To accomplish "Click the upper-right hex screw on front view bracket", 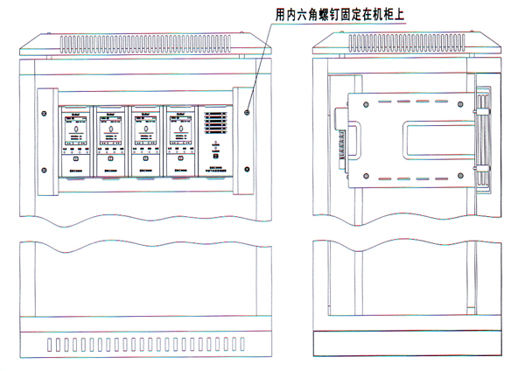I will coord(248,112).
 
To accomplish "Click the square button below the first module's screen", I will coord(74,160).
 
